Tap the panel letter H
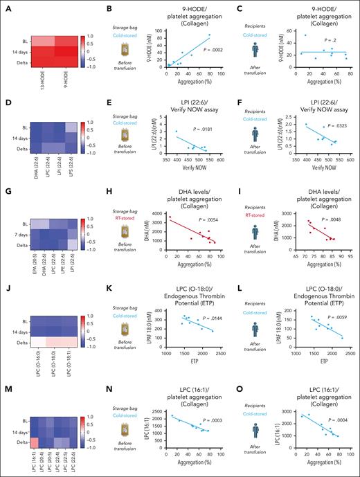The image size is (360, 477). coord(122,199)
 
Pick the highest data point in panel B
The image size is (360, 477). coord(210,35)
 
